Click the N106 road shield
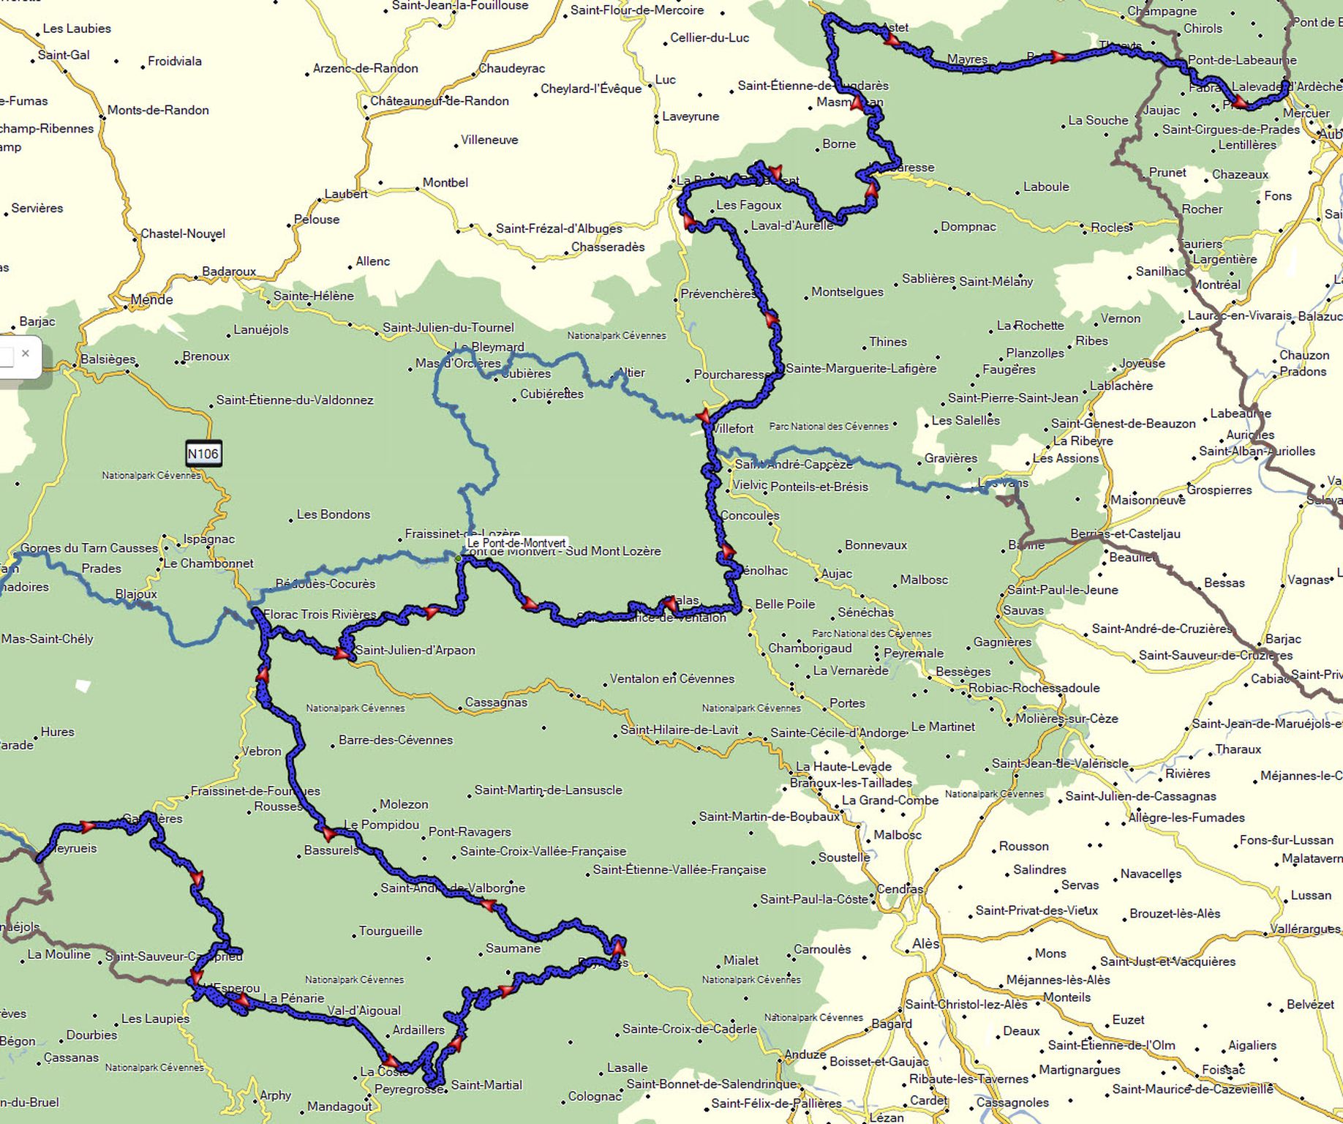coord(203,454)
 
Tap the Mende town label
coord(151,299)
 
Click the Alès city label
coord(925,943)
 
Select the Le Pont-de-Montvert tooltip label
coord(516,543)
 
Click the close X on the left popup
coord(26,353)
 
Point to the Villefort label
coord(733,429)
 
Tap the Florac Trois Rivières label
coord(320,614)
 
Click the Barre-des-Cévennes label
coord(396,740)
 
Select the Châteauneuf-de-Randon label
coord(439,101)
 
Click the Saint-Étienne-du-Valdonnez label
coord(295,400)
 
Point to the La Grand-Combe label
coord(889,800)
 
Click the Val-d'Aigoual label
coord(364,1011)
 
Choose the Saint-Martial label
coord(486,1084)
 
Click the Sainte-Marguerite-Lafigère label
coord(861,368)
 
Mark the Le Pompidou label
coord(381,825)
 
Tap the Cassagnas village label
coord(496,702)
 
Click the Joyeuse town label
coord(1141,364)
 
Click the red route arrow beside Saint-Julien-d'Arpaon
coord(341,653)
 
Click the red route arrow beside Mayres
coord(1057,56)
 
